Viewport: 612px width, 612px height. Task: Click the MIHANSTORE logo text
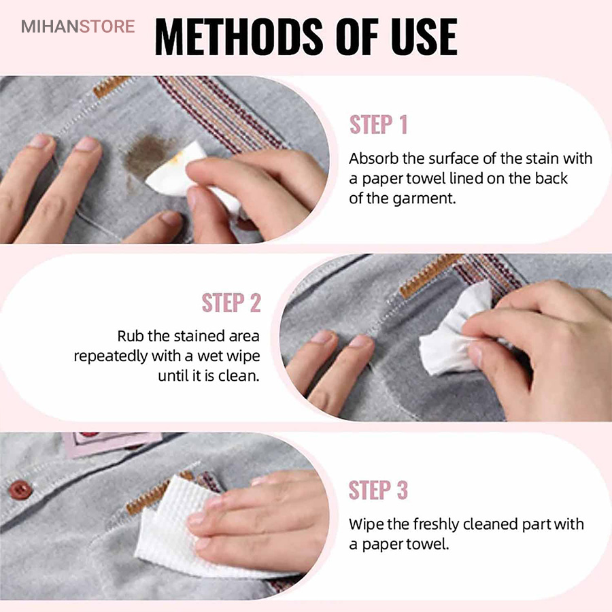[78, 26]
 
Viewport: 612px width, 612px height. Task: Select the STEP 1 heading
[378, 124]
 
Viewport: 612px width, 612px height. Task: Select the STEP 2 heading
[231, 303]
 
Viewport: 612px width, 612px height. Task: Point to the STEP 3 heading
[378, 490]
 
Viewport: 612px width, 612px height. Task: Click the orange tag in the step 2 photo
[429, 275]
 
